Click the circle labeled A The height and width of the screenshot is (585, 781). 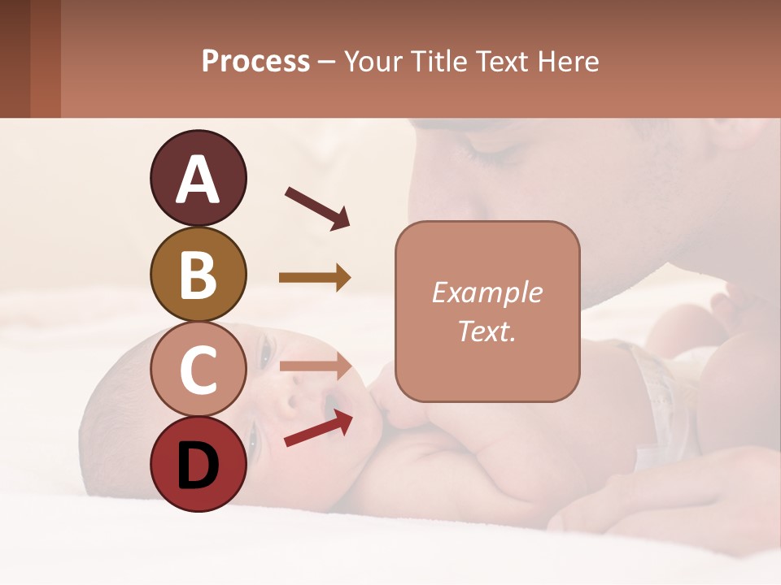click(198, 178)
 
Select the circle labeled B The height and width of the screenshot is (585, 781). click(198, 274)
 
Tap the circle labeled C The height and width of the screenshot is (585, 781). click(198, 370)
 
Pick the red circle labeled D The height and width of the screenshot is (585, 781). click(198, 465)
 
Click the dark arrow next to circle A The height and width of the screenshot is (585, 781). click(317, 208)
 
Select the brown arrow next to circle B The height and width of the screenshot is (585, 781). click(315, 278)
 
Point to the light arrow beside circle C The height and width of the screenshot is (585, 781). click(315, 366)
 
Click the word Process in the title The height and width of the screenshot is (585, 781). click(255, 62)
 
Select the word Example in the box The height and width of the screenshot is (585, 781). click(486, 292)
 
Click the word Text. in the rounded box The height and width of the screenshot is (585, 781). click(486, 331)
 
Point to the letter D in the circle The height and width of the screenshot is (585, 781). click(198, 466)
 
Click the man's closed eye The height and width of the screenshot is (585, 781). click(488, 154)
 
